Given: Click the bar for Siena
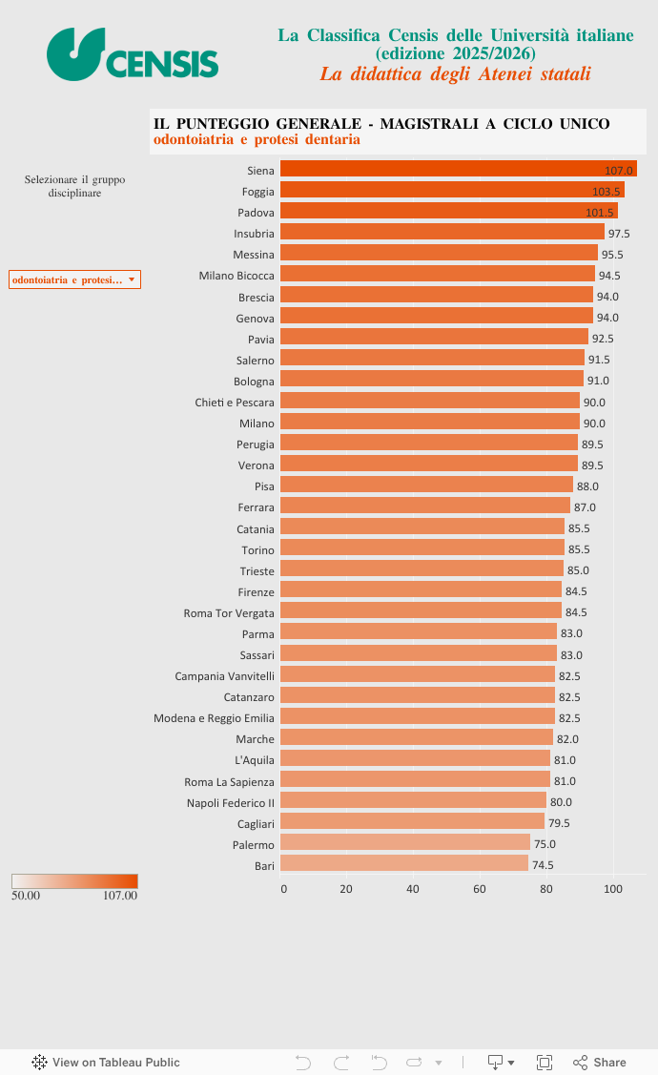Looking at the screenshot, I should pyautogui.click(x=458, y=170).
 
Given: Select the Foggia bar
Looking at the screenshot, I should pyautogui.click(x=452, y=191).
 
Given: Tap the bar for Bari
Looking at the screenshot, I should pyautogui.click(x=404, y=864).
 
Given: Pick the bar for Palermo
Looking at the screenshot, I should pyautogui.click(x=405, y=843).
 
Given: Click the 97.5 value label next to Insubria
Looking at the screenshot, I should pyautogui.click(x=619, y=234).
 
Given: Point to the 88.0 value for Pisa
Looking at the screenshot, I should pyautogui.click(x=587, y=486).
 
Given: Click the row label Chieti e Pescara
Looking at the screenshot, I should pyautogui.click(x=235, y=403).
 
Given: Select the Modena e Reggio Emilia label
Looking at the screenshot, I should pyautogui.click(x=214, y=718).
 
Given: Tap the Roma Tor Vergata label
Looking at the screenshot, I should pyautogui.click(x=229, y=612).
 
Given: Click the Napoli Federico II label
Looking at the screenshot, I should pyautogui.click(x=230, y=802).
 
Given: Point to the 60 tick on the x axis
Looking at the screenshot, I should pyautogui.click(x=480, y=889).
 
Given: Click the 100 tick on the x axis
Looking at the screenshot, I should pyautogui.click(x=613, y=889).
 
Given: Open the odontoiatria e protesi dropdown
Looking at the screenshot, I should pyautogui.click(x=74, y=279).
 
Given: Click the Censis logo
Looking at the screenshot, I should pyautogui.click(x=133, y=53).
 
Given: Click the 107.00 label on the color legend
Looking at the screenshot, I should pyautogui.click(x=120, y=896).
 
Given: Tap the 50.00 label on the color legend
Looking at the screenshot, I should pyautogui.click(x=26, y=896).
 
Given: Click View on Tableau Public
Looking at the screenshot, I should pyautogui.click(x=106, y=1062).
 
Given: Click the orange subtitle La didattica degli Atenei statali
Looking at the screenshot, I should pyautogui.click(x=455, y=73).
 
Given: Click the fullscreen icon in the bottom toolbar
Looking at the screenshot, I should pyautogui.click(x=545, y=1062).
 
